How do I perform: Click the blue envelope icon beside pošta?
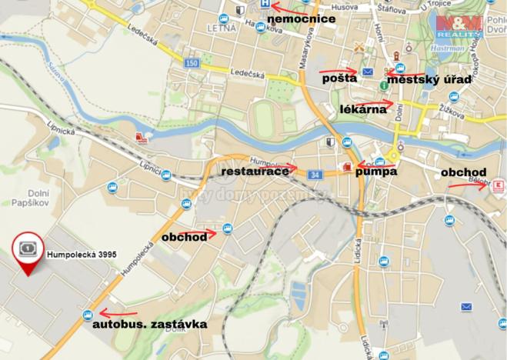click(x=367, y=72)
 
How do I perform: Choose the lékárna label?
click(x=362, y=110)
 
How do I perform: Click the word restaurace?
click(x=255, y=171)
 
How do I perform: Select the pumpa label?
click(x=375, y=172)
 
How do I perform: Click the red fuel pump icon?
click(x=345, y=165)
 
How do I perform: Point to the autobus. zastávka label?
click(x=150, y=325)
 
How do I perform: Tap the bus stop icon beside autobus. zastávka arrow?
click(x=90, y=314)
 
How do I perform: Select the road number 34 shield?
click(x=315, y=176)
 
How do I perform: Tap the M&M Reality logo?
click(x=459, y=27)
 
